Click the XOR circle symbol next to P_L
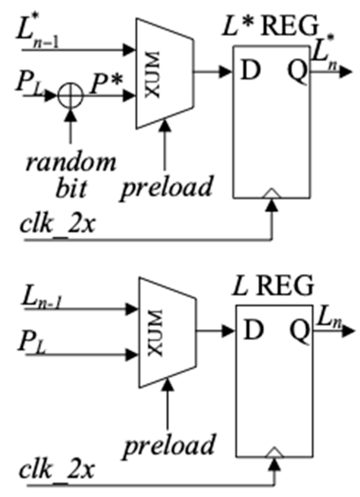(70, 96)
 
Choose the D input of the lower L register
(254, 330)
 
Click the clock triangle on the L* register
(273, 193)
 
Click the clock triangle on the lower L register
(275, 452)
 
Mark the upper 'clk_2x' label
(57, 224)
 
